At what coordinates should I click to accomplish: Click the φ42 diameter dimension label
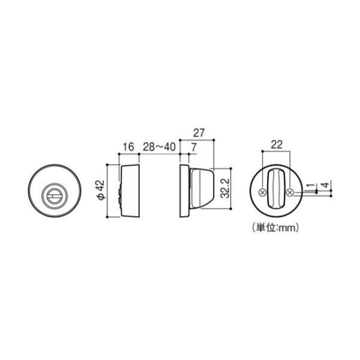101,190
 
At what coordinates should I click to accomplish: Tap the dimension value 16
128,147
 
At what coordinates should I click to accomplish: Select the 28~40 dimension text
159,147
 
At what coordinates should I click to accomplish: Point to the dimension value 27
199,133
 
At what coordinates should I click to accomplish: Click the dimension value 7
194,147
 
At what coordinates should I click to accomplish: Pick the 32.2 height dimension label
224,188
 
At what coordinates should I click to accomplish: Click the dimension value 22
277,145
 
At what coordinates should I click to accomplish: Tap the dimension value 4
326,184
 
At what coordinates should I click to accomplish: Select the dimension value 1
311,185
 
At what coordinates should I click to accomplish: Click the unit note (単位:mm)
276,228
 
